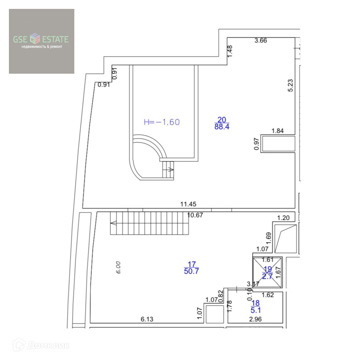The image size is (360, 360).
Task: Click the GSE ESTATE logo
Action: [x=41, y=41]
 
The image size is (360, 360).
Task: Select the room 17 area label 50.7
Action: [x=191, y=272]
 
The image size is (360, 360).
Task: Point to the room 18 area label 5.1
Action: [x=255, y=310]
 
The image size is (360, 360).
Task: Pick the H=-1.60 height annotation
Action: [x=162, y=122]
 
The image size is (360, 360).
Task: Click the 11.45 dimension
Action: [x=188, y=204]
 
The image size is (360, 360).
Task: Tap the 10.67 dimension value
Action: [x=196, y=215]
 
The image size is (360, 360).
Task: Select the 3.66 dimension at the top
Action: [x=260, y=40]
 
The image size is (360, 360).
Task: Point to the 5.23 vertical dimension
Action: [x=290, y=86]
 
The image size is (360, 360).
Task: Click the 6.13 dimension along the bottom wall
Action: [x=147, y=319]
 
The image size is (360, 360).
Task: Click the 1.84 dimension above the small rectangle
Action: [x=278, y=131]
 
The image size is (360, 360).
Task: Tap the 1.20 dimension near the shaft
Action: [x=283, y=218]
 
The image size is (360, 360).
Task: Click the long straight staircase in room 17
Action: [x=150, y=223]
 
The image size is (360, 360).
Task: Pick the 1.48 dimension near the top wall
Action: [x=230, y=51]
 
